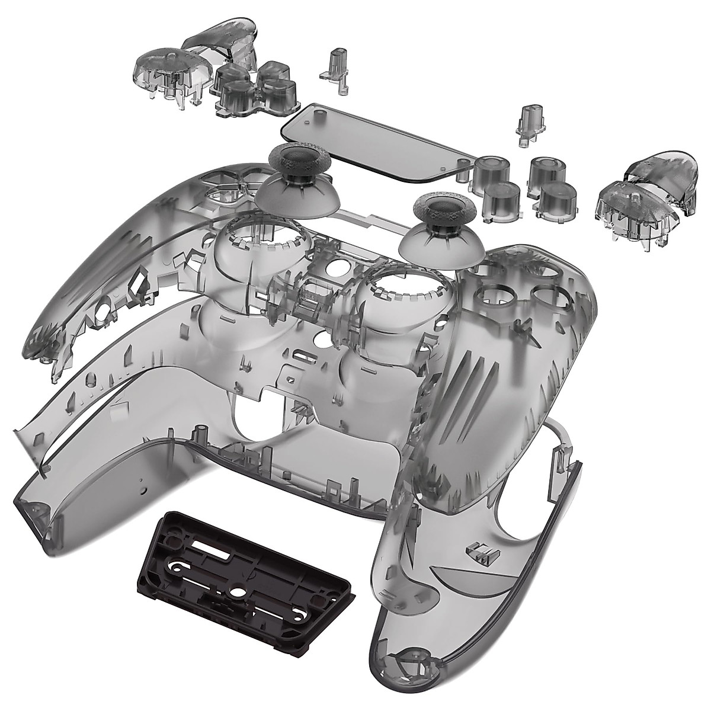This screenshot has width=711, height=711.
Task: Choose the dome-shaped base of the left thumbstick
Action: (296, 193)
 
